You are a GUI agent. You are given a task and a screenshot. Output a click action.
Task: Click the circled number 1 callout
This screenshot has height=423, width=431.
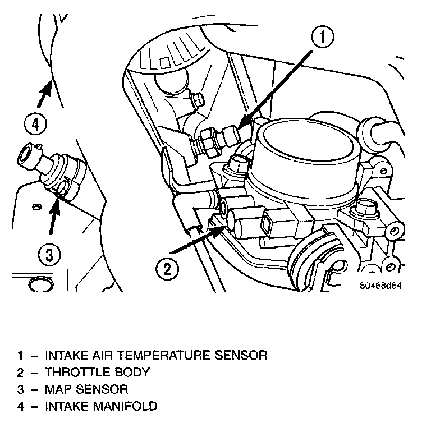pos(323,38)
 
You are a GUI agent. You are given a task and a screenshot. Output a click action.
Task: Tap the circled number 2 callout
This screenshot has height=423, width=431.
pos(167,268)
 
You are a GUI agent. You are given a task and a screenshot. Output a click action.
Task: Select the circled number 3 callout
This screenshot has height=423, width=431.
pos(49,255)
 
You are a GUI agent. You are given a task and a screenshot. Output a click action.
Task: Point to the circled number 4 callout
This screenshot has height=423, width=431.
pos(35,125)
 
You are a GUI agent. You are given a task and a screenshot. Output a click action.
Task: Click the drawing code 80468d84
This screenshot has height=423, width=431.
pos(380,286)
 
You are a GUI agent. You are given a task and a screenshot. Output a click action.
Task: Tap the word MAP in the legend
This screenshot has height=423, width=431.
pos(58,389)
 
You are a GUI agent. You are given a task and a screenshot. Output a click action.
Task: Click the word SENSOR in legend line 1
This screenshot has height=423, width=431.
pos(241,355)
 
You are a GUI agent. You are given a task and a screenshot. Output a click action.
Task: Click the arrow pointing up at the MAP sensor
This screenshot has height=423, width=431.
pos(54,215)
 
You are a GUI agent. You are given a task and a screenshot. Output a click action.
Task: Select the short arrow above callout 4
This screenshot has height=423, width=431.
pos(44,93)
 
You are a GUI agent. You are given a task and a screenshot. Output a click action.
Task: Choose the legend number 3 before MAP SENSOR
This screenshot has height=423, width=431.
pos(21,389)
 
